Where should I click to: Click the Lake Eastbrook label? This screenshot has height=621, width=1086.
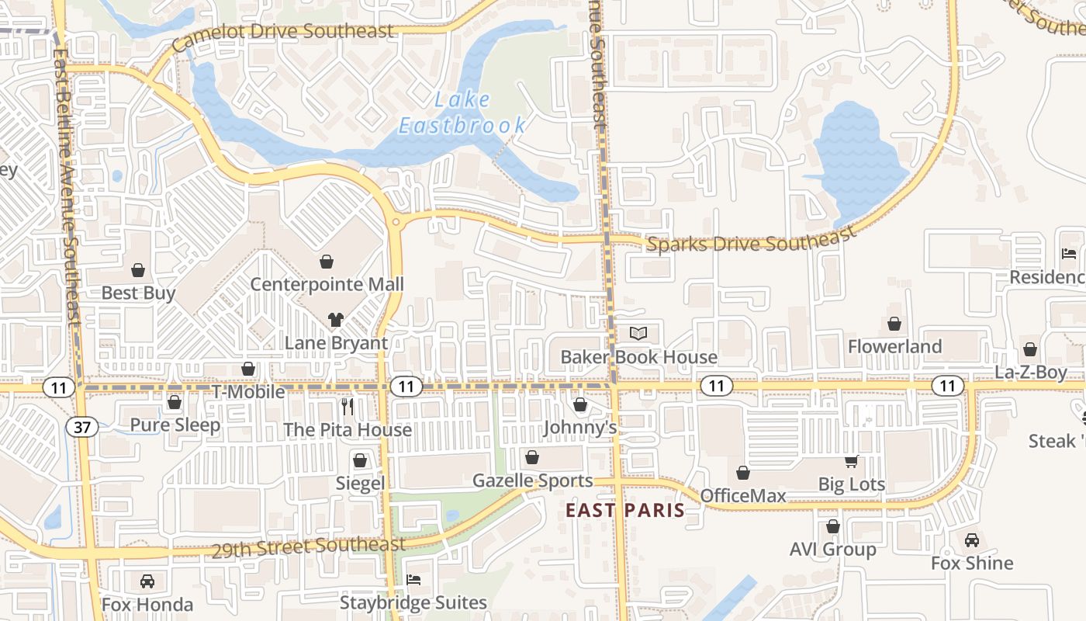coord(462,113)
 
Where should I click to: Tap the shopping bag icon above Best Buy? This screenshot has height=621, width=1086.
coord(138,270)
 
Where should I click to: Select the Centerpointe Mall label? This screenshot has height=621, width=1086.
coord(327,284)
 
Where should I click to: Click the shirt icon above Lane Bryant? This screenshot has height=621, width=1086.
coord(335,319)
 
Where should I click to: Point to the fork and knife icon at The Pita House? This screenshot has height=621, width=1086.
coord(348,406)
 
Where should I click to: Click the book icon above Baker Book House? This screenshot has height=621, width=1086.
coord(638,334)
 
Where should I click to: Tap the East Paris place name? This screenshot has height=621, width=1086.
coord(625,510)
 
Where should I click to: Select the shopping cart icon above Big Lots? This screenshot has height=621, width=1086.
coord(851,462)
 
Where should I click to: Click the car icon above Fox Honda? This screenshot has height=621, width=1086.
coord(147,581)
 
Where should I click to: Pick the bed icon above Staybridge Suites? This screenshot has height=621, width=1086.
coord(413,580)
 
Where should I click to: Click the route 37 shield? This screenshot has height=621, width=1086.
coord(81,426)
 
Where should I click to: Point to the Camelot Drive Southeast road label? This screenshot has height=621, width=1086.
coord(283,34)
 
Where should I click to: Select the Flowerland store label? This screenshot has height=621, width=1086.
coord(894,346)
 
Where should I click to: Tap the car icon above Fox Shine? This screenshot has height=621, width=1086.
coord(971,540)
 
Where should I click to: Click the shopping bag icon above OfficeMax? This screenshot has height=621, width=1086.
coord(743,473)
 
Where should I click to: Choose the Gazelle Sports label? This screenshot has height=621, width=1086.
coord(532,481)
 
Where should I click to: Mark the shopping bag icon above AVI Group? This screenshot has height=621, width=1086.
coord(833,526)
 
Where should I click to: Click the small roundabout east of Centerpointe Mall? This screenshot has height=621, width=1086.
coord(396,223)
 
